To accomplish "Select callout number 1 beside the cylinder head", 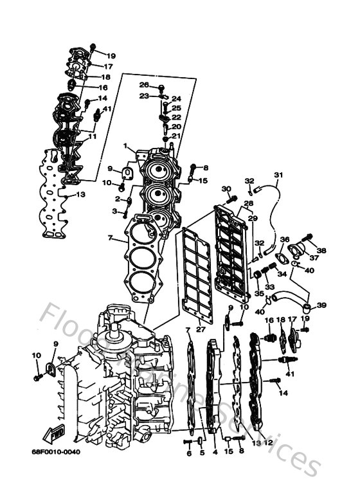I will pyautogui.click(x=126, y=147).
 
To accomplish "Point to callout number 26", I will pyautogui.click(x=144, y=85).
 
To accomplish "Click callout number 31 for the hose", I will pyautogui.click(x=278, y=175).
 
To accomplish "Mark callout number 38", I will pyautogui.click(x=321, y=250).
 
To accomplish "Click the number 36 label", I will pyautogui.click(x=285, y=239).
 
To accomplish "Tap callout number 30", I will pyautogui.click(x=226, y=188).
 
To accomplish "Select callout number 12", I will pyautogui.click(x=269, y=443).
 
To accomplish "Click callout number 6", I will pyautogui.click(x=189, y=453).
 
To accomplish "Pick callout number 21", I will pyautogui.click(x=176, y=136).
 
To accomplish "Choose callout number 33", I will pyautogui.click(x=269, y=287).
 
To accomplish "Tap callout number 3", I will pyautogui.click(x=115, y=211).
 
